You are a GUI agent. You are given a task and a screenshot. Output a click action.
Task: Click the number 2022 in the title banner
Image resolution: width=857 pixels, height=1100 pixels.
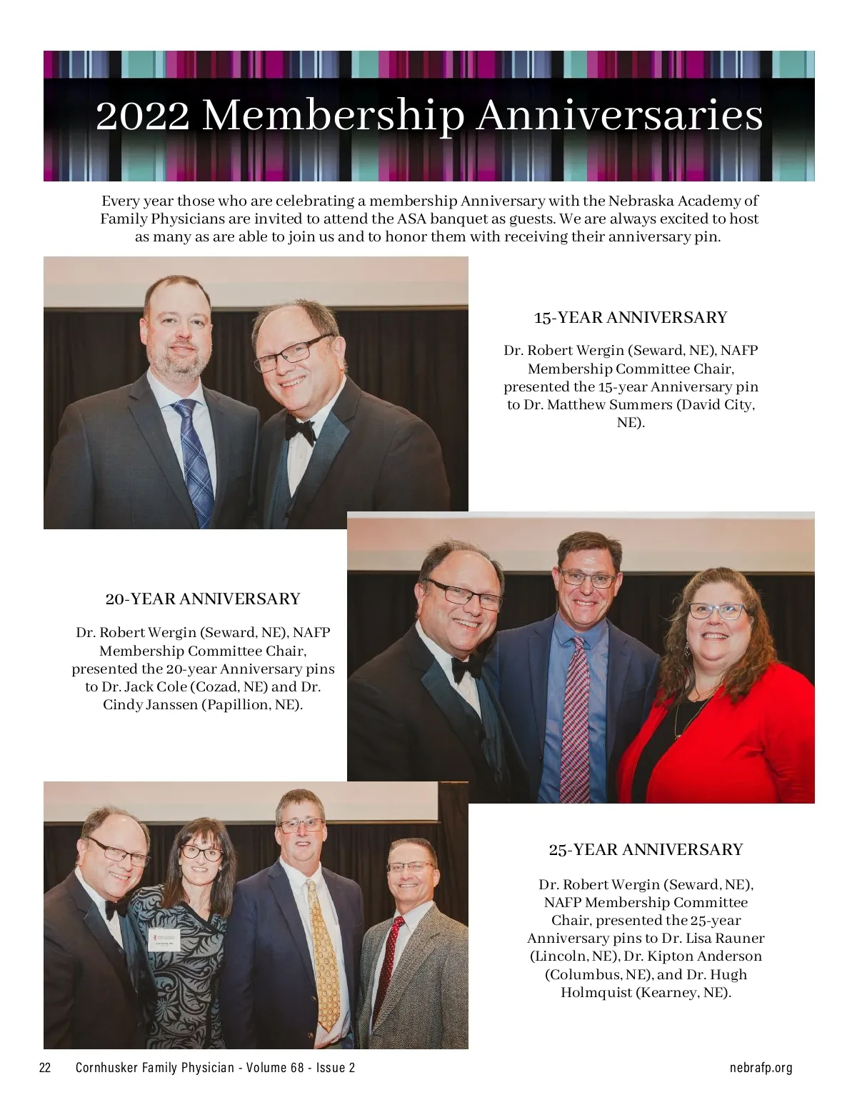142,116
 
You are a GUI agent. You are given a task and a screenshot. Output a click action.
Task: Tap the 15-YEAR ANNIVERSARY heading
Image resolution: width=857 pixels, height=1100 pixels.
631,318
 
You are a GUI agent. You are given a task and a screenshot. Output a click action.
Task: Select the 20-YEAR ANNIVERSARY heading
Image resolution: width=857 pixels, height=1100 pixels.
203,599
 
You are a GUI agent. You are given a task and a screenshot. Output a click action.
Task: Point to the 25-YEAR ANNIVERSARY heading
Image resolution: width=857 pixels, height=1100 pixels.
646,849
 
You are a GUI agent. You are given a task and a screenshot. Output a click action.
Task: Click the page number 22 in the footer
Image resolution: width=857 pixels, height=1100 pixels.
45,1068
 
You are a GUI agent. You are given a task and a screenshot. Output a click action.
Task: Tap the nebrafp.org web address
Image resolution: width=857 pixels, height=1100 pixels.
761,1068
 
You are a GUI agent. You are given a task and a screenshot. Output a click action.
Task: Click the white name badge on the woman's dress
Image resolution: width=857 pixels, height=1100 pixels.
164,938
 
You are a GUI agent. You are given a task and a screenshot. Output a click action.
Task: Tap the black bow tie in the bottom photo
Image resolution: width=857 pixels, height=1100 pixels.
115,909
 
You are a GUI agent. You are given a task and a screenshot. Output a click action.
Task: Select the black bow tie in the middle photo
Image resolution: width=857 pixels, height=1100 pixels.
466,669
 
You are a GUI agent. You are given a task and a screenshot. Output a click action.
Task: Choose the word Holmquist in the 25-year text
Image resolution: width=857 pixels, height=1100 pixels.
596,993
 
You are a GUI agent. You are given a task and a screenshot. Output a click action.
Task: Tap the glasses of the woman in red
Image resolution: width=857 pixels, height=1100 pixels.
716,611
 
